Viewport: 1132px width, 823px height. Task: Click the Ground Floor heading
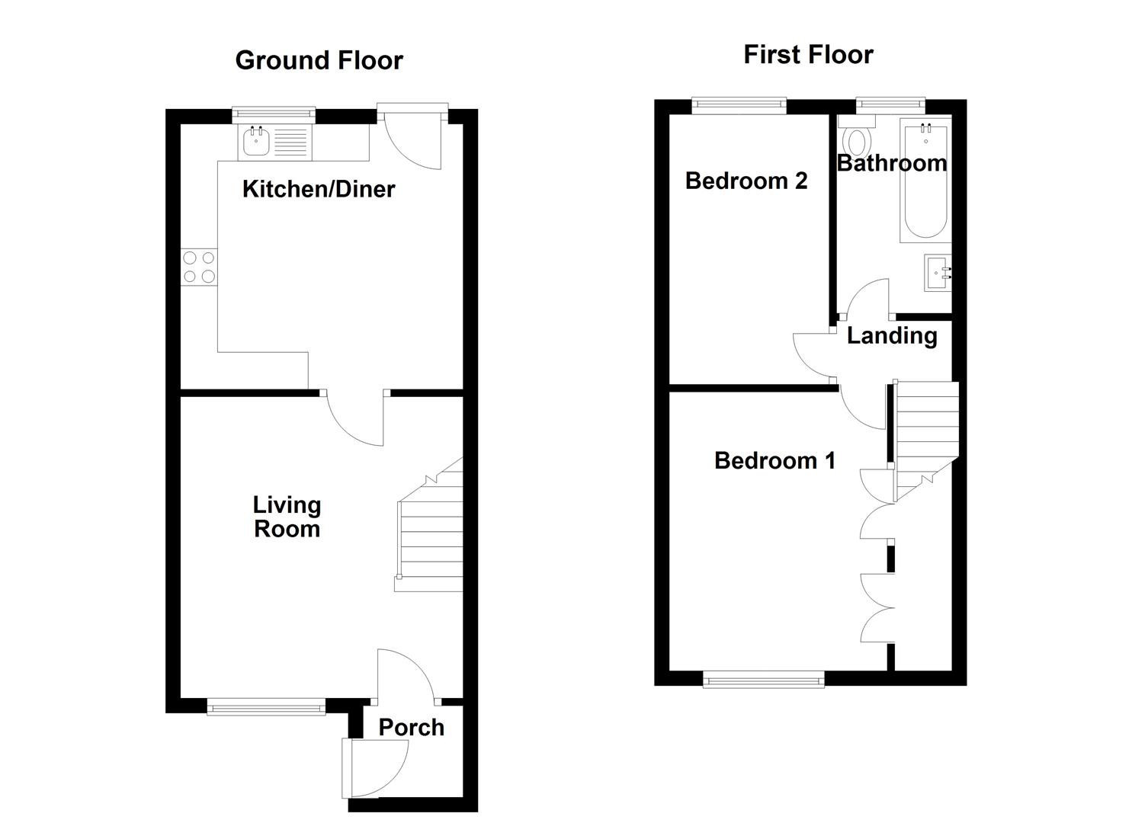(319, 60)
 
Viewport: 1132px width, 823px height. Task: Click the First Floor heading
(808, 55)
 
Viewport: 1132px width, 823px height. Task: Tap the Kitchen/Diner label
(319, 189)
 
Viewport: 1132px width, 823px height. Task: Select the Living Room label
(287, 517)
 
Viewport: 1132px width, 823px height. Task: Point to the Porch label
(411, 728)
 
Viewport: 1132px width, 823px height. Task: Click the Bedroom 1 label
(774, 460)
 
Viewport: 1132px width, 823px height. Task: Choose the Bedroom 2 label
(746, 181)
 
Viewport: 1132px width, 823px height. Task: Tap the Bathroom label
(891, 163)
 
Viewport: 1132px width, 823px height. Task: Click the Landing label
(891, 335)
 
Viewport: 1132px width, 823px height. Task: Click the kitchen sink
(255, 143)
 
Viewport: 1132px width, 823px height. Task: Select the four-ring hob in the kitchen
(199, 267)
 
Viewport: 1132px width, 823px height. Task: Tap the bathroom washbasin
(938, 273)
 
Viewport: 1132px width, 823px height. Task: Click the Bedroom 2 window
(738, 107)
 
